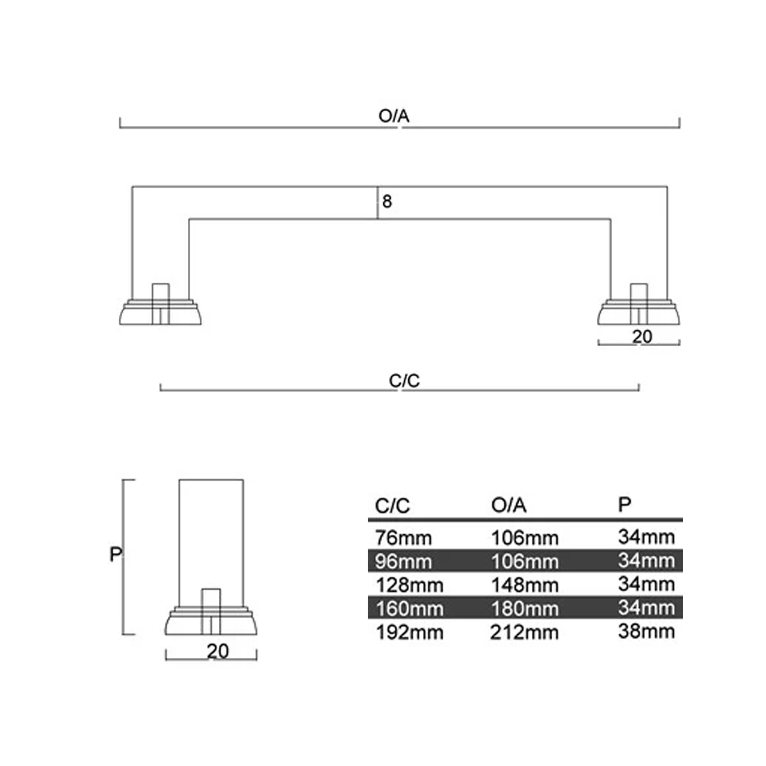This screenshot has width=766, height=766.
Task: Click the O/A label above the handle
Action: point(393,116)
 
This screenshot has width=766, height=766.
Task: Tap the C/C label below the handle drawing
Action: point(404,381)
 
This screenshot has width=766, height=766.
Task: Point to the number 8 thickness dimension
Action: point(387,201)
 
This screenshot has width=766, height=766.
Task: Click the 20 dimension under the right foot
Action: point(642,337)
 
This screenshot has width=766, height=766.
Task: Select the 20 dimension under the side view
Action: point(218,651)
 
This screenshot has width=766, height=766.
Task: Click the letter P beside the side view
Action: point(115,554)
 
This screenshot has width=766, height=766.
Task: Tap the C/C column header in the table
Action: point(392,506)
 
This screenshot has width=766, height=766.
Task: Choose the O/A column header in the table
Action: point(509,505)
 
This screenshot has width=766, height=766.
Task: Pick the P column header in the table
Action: point(624,504)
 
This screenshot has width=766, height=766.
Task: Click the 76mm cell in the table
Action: point(403,538)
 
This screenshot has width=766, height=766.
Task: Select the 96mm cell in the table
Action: point(403,561)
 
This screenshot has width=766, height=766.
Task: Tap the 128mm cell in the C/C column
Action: point(409,585)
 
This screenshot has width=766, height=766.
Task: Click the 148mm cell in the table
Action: point(525,585)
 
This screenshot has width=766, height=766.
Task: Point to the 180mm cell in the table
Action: point(525,609)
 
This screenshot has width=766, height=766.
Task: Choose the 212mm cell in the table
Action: point(524,632)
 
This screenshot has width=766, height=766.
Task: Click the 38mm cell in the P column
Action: point(646,631)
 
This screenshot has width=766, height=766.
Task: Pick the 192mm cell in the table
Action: point(409,632)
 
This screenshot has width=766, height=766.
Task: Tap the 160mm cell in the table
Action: point(409,609)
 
